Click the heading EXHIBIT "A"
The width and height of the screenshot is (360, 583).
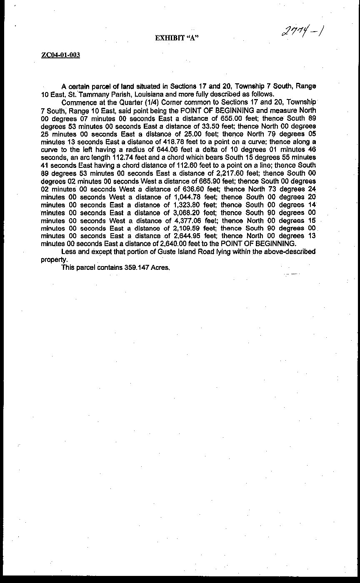pyautogui.click(x=176, y=38)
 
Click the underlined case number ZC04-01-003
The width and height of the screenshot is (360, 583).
pyautogui.click(x=61, y=55)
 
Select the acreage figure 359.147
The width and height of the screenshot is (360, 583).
pyautogui.click(x=137, y=267)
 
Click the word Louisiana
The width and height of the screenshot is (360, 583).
pyautogui.click(x=147, y=94)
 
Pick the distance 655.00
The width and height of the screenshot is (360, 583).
pyautogui.click(x=231, y=118)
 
